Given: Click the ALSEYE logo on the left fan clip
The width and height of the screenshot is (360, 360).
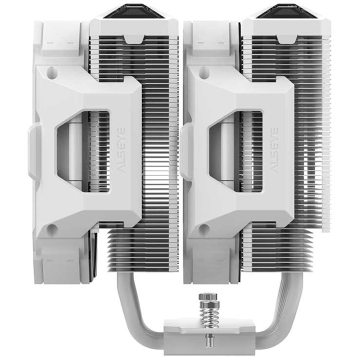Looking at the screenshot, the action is point(122,150).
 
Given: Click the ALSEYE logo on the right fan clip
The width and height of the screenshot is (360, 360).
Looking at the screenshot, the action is point(274,150).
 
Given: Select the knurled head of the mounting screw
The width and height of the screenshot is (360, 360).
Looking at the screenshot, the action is point(209,297).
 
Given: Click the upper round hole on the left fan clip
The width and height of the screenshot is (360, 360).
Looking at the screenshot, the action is point(52,71).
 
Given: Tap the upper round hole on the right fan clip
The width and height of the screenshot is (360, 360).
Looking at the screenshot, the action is point(204,71).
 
